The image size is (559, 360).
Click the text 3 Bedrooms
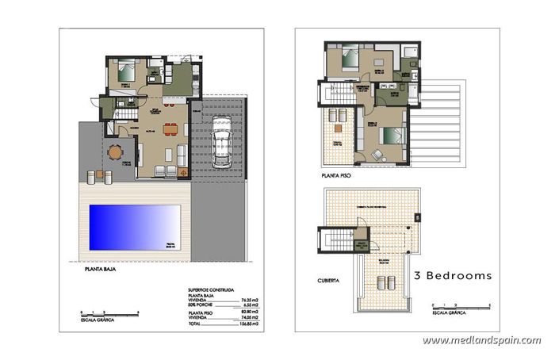pyautogui.click(x=453, y=275)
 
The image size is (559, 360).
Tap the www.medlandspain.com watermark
pyautogui.click(x=481, y=340)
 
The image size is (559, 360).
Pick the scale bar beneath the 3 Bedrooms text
pyautogui.click(x=461, y=304)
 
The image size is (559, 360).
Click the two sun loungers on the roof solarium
pyautogui.click(x=385, y=281)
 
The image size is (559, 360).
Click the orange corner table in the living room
pyautogui.click(x=184, y=171)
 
